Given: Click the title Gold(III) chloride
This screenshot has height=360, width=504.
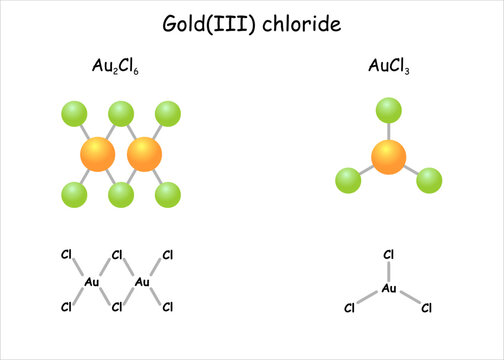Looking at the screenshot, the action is click(x=251, y=23).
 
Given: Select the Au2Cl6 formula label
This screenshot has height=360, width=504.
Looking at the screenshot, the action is click(x=118, y=68).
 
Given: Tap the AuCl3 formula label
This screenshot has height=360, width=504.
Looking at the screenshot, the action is click(x=389, y=68).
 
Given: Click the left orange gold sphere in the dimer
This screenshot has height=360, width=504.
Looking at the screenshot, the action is click(x=96, y=154).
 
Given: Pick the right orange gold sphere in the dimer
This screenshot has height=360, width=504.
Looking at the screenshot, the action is click(x=144, y=154).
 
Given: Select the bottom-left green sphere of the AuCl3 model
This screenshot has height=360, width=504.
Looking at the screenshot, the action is click(x=347, y=180).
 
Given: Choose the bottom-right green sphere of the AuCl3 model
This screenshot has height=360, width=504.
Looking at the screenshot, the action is click(x=429, y=180).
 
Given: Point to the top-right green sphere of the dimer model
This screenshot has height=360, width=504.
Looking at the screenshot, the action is click(x=168, y=114).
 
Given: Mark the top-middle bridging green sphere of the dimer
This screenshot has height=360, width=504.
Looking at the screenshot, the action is click(x=120, y=114).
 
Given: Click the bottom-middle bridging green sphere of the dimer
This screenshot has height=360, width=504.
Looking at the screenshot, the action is click(x=120, y=193).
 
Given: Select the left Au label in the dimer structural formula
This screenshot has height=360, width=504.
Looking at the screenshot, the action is click(x=93, y=281).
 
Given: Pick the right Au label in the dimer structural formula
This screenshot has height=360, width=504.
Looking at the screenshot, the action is click(x=142, y=281).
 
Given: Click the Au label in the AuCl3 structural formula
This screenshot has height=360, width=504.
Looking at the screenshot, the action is click(x=389, y=289).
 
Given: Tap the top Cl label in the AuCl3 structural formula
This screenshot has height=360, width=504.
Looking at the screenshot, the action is click(x=389, y=256).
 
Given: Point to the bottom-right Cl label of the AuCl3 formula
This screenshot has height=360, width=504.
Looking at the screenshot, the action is click(x=426, y=308).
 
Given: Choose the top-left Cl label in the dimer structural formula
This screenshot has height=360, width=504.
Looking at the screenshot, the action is click(x=67, y=256).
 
